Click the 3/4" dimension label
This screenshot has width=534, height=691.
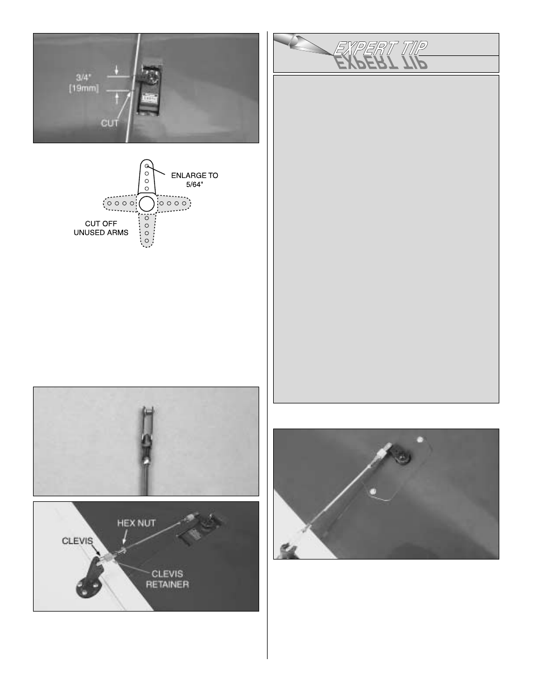(83, 77)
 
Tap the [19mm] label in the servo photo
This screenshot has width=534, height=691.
(84, 88)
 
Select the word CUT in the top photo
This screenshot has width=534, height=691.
(110, 123)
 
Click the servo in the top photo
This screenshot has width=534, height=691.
(149, 88)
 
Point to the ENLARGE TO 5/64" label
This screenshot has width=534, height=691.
(195, 180)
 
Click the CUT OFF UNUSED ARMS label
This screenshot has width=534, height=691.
(101, 228)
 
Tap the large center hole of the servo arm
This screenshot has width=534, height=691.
(147, 204)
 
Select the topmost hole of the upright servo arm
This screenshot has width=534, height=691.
(147, 166)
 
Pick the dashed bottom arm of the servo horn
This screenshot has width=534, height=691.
(147, 229)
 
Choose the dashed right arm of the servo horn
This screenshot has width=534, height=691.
(174, 204)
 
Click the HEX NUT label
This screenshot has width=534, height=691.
(137, 523)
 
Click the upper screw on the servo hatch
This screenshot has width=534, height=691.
(420, 440)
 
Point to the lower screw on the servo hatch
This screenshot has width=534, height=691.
(373, 492)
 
